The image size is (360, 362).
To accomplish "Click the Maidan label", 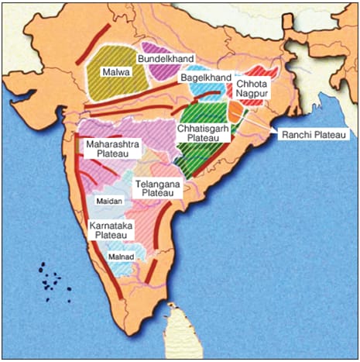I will (x=105, y=201).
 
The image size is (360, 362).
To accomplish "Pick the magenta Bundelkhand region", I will (x=159, y=71).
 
